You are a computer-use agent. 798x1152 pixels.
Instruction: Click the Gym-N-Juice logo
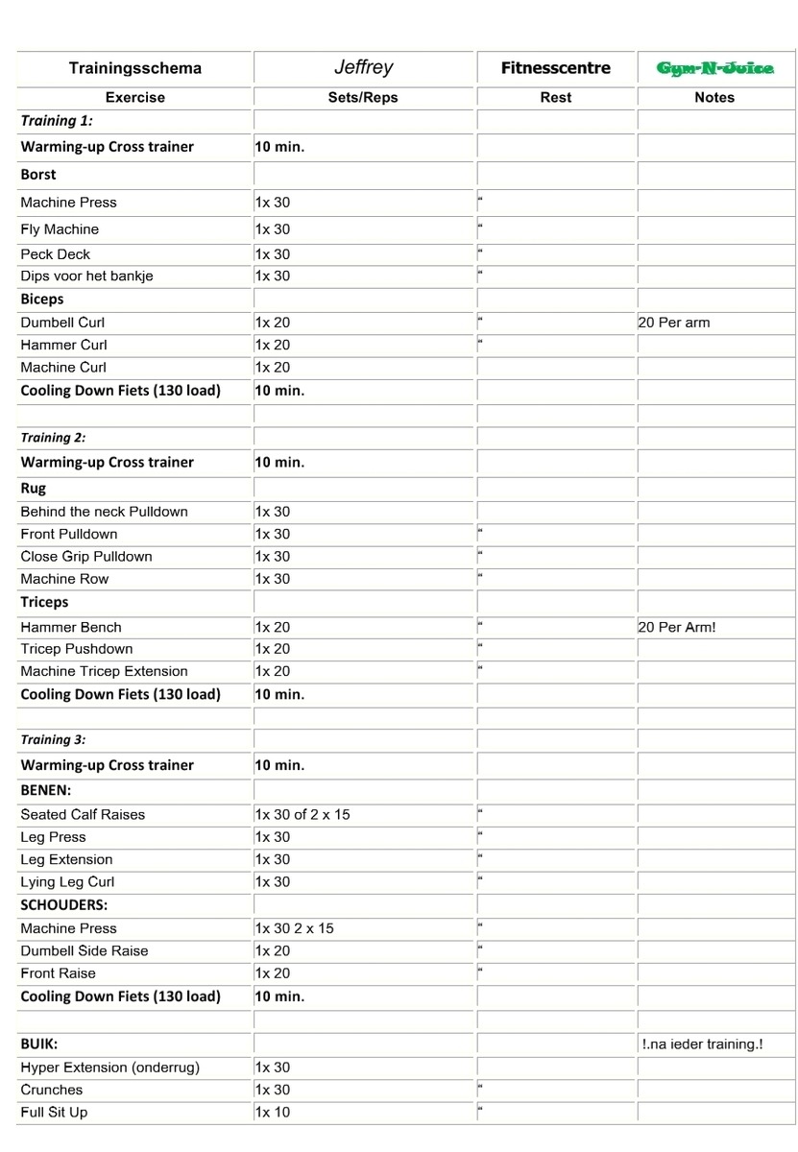715,68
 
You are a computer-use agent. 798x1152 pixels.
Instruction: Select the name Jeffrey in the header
363,67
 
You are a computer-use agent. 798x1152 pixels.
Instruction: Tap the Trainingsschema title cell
135,68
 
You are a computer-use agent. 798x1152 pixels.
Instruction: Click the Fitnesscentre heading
556,68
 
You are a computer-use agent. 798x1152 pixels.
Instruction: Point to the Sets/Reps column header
363,97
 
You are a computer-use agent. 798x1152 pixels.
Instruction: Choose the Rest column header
556,97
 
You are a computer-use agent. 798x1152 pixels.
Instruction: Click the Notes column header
714,97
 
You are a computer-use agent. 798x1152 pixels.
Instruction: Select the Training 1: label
57,121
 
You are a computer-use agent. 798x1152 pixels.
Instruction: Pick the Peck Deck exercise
56,254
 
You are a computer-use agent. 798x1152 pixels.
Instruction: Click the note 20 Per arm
674,323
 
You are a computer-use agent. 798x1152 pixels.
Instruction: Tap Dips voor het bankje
86,276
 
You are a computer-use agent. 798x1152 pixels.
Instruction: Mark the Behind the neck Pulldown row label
104,512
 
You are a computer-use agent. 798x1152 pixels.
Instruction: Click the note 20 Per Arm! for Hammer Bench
677,627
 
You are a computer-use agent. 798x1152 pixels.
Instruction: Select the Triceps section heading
44,603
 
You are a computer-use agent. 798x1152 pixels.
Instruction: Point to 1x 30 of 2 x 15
302,814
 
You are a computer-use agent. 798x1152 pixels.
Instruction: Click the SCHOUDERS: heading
63,905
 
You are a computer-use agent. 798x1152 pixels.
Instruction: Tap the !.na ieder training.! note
702,1044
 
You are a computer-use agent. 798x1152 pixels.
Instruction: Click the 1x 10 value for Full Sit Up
273,1113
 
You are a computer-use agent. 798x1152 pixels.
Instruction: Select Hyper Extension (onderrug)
109,1068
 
